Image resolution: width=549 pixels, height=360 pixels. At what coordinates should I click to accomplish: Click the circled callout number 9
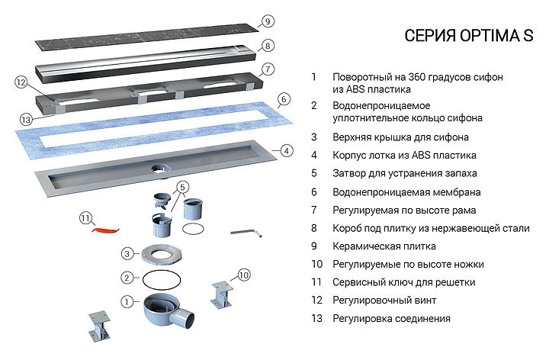tap(269, 21)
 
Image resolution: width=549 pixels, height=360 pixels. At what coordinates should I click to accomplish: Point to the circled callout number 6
tap(283, 98)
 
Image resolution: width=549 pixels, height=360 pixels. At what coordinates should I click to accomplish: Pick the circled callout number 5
tap(182, 187)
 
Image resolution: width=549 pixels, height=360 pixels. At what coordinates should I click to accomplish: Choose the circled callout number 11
tap(86, 219)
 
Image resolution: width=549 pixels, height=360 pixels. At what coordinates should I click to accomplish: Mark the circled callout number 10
tap(243, 275)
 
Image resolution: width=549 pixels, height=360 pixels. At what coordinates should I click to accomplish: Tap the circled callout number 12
tap(21, 82)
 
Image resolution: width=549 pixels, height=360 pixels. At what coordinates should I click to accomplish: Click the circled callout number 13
tap(25, 119)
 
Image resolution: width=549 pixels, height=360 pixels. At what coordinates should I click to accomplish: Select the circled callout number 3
tap(129, 253)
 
